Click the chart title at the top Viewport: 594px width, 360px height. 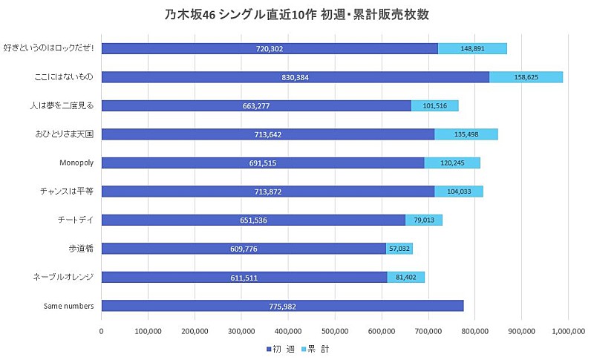(x=297, y=15)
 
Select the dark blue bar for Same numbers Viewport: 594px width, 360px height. (x=282, y=306)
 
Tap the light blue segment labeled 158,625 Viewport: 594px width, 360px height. (x=526, y=77)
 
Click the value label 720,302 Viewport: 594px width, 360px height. (x=269, y=49)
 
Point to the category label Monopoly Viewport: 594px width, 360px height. (x=76, y=163)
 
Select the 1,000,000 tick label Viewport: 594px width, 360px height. (x=567, y=332)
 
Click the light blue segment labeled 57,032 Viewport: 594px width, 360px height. (x=399, y=249)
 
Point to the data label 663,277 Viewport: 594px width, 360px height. (x=256, y=106)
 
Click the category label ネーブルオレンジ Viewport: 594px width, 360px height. (x=63, y=277)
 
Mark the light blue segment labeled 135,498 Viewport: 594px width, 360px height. (x=466, y=134)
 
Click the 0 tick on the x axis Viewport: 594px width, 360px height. (x=102, y=332)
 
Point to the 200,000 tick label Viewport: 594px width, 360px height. (x=195, y=332)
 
